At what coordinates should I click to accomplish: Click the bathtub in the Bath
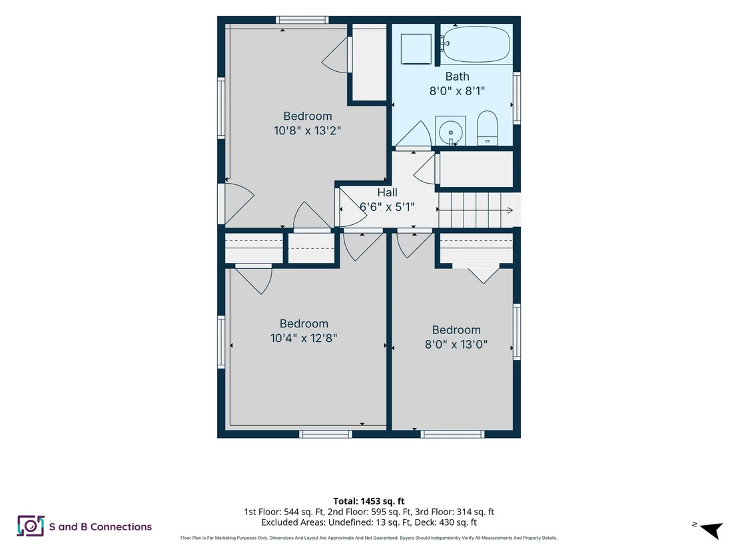[476, 44]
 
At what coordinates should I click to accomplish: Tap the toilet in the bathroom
[487, 128]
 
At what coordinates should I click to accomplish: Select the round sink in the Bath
[450, 130]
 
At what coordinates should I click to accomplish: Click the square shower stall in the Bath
[416, 49]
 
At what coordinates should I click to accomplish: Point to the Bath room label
[457, 76]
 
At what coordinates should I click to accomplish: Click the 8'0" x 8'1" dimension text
[457, 91]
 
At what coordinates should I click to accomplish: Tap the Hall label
[387, 192]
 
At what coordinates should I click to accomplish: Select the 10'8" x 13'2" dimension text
[307, 130]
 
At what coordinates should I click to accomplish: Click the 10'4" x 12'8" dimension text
[304, 338]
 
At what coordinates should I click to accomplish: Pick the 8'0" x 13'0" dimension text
[456, 344]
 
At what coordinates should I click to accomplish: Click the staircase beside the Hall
[476, 210]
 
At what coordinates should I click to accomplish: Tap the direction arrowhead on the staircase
[510, 210]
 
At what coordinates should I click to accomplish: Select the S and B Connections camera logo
[31, 526]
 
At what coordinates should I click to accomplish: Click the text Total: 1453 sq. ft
[369, 501]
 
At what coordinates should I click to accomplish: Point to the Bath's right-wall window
[517, 98]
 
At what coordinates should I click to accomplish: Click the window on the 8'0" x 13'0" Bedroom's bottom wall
[452, 435]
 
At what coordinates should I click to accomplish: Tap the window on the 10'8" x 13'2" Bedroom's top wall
[302, 20]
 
